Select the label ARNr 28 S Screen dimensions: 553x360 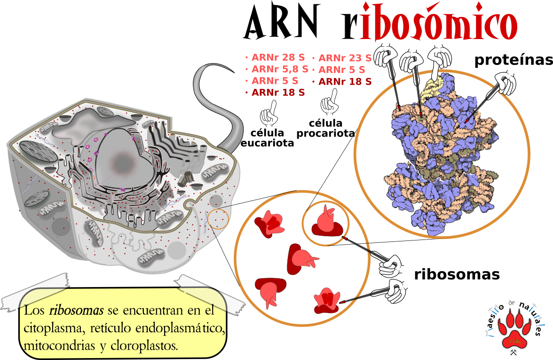[x=278, y=58]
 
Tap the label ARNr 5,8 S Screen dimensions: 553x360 [x=279, y=69]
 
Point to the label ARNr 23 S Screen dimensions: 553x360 [x=345, y=58]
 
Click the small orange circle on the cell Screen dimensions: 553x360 [x=218, y=219]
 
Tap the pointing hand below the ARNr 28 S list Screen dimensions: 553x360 [x=269, y=114]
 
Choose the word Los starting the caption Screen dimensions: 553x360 [x=35, y=311]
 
